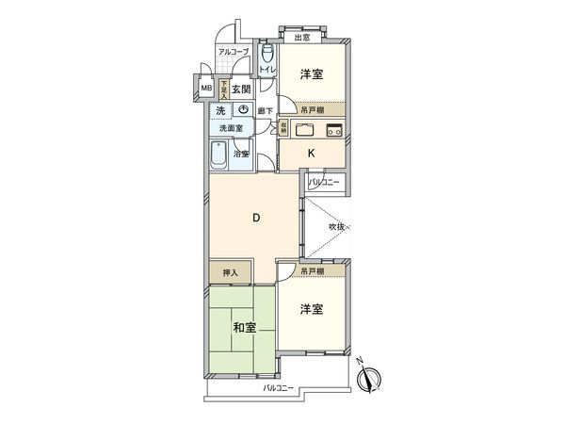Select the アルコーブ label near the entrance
click(233, 53)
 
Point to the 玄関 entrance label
click(241, 90)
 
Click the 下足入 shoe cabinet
click(223, 90)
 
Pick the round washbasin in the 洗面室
click(243, 111)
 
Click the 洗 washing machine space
click(219, 111)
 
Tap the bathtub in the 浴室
click(218, 155)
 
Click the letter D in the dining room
click(255, 220)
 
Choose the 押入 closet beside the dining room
click(230, 273)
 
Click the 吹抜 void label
click(337, 227)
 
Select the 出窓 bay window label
click(301, 38)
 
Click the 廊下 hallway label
click(266, 112)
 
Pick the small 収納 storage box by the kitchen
click(282, 128)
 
